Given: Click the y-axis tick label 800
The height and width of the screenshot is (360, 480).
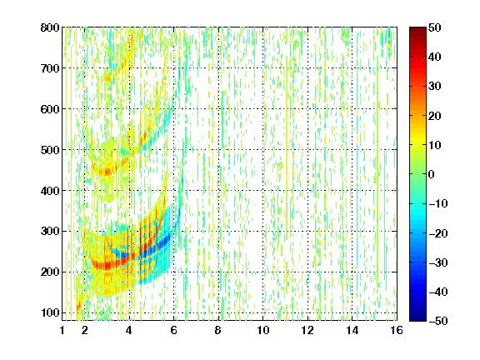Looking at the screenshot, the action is coord(50,27).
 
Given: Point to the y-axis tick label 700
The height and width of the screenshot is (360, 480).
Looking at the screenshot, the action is coord(50,68).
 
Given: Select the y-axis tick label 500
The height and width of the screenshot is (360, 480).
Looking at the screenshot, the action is coord(50,150).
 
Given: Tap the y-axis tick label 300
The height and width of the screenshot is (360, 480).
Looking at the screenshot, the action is coord(50,231).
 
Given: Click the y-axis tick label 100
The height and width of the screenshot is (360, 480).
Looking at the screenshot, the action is coord(50,312).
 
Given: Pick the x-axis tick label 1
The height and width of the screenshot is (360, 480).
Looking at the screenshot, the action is coord(62,330).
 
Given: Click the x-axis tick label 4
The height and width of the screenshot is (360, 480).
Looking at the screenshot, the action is coord(129,330).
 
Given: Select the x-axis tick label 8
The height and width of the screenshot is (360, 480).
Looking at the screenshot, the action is coord(217,330).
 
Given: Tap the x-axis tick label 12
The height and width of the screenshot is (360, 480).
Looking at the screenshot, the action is coord(307,330).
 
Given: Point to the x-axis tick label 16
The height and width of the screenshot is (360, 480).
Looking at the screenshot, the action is coord(397,330).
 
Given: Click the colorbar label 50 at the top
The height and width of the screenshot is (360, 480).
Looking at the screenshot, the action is coord(434,27).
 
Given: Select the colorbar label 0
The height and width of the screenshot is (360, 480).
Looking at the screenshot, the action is coord(432,174).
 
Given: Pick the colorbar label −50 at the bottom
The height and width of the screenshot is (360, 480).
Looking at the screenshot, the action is coord(438,321).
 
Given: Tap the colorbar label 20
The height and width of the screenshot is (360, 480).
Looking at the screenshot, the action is coord(434,116).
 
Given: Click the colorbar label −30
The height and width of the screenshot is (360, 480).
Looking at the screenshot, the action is coord(438,262).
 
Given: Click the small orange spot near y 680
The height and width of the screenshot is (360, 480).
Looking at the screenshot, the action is coord(107,78).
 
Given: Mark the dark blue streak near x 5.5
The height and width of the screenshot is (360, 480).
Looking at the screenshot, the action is coord(155,247).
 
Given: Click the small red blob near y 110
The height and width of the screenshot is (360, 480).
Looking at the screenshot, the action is coord(78,305).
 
